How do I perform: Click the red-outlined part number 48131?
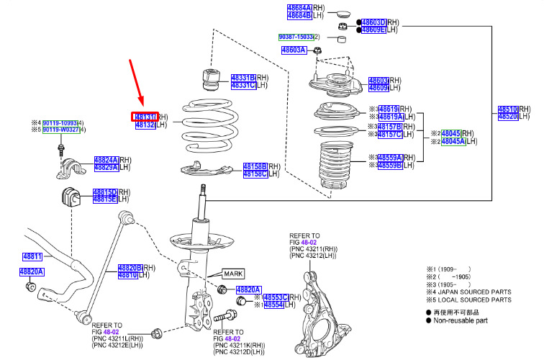tap(145, 117)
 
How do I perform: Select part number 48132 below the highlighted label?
tap(145, 125)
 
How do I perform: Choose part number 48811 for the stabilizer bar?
tap(32, 256)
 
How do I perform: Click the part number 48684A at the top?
tap(299, 6)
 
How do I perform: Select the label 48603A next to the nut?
tap(294, 50)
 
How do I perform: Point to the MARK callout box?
tap(234, 274)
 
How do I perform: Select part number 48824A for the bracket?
tap(106, 160)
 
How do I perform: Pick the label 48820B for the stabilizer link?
tap(131, 267)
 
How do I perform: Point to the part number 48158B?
tap(255, 166)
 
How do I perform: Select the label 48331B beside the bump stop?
tap(243, 77)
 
